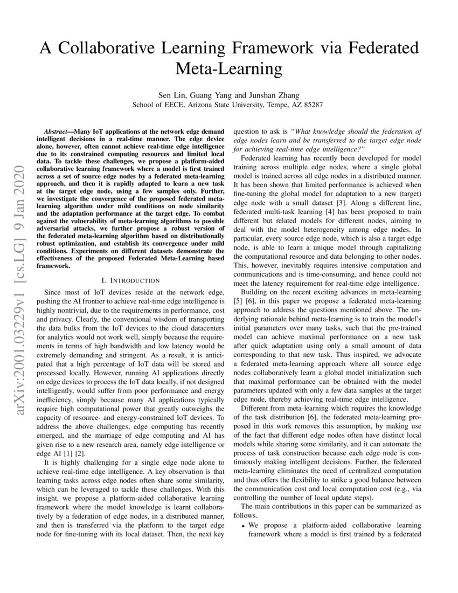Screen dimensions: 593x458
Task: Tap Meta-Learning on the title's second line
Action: pos(229,68)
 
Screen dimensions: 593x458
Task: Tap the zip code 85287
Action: pos(313,105)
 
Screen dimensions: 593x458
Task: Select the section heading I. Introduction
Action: pos(130,280)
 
